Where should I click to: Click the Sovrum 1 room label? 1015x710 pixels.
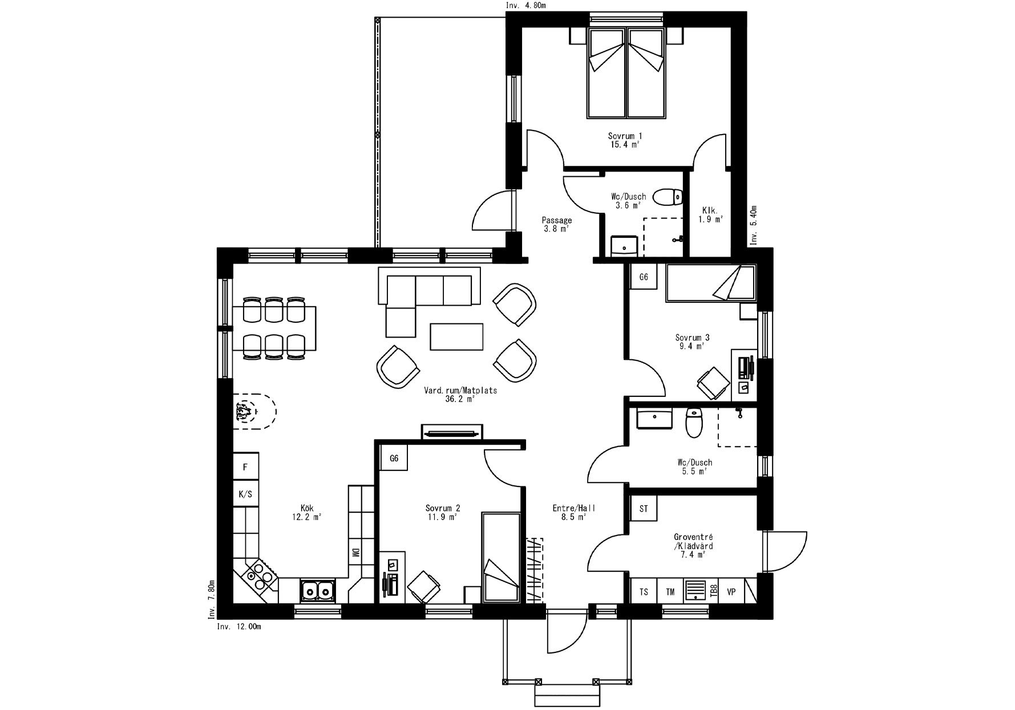pyautogui.click(x=625, y=140)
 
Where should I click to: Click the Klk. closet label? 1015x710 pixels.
pyautogui.click(x=710, y=214)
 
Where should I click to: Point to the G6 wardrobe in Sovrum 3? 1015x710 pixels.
pyautogui.click(x=644, y=277)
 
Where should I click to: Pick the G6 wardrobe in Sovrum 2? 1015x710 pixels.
pyautogui.click(x=394, y=459)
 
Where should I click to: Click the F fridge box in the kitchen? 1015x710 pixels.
pyautogui.click(x=245, y=467)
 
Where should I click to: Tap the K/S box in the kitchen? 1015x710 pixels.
pyautogui.click(x=245, y=494)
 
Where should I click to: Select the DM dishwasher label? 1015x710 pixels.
pyautogui.click(x=354, y=553)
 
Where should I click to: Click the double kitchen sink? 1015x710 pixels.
pyautogui.click(x=317, y=590)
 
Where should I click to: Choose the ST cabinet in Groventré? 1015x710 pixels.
pyautogui.click(x=644, y=509)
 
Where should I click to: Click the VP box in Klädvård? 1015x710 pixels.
pyautogui.click(x=731, y=592)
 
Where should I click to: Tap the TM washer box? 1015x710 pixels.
pyautogui.click(x=670, y=592)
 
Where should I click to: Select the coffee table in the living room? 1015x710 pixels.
pyautogui.click(x=457, y=336)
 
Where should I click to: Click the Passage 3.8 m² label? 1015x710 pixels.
pyautogui.click(x=556, y=224)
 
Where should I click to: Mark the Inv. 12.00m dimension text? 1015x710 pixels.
pyautogui.click(x=239, y=627)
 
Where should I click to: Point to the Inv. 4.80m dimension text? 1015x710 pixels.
pyautogui.click(x=526, y=6)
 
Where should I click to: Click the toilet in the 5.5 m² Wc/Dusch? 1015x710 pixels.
pyautogui.click(x=693, y=423)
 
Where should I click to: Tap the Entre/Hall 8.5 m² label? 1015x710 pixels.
pyautogui.click(x=573, y=512)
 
